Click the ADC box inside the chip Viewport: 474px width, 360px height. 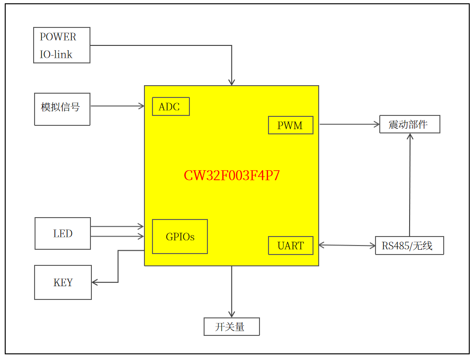pyautogui.click(x=170, y=106)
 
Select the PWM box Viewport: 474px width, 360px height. pyautogui.click(x=290, y=125)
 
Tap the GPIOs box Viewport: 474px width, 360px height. pyautogui.click(x=179, y=237)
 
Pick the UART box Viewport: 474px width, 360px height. pyautogui.click(x=290, y=246)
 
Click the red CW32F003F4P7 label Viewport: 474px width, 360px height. pyautogui.click(x=232, y=176)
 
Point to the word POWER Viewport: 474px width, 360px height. pyautogui.click(x=58, y=37)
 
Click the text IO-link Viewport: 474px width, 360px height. pyautogui.click(x=56, y=54)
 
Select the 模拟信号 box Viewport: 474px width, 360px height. pyautogui.click(x=62, y=109)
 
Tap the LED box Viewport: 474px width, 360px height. pyautogui.click(x=63, y=233)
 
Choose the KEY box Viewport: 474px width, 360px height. pyautogui.click(x=63, y=282)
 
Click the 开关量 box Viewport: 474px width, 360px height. pyautogui.click(x=232, y=326)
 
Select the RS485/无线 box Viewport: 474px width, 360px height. pyautogui.click(x=409, y=246)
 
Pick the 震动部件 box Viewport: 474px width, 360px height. pyautogui.click(x=410, y=124)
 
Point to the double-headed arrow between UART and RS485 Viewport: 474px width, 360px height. pyautogui.click(x=347, y=246)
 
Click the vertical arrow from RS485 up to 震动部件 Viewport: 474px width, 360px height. pyautogui.click(x=410, y=184)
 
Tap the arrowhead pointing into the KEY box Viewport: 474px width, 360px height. pyautogui.click(x=94, y=282)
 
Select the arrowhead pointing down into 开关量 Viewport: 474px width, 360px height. pyautogui.click(x=232, y=314)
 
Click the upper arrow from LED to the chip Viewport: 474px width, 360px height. pyautogui.click(x=116, y=227)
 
